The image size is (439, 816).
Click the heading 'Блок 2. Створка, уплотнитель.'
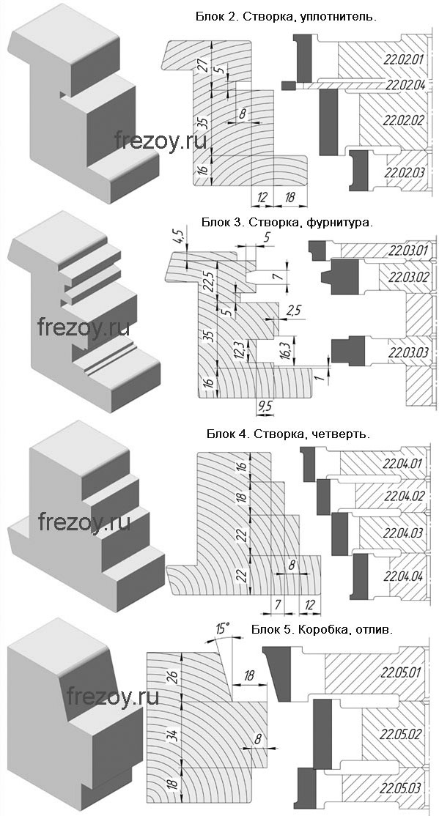[x=286, y=17]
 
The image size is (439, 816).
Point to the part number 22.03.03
[x=409, y=353]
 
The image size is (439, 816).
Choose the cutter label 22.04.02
[x=404, y=495]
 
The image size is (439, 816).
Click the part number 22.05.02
[x=400, y=734]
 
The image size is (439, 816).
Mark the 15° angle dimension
[x=222, y=628]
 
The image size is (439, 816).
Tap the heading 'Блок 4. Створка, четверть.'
[x=289, y=434]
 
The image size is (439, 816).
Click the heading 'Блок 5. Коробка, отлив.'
[x=322, y=629]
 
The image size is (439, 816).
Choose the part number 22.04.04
[x=404, y=576]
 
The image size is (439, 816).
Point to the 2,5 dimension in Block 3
[x=294, y=310]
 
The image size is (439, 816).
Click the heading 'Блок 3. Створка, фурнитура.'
[x=287, y=222]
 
